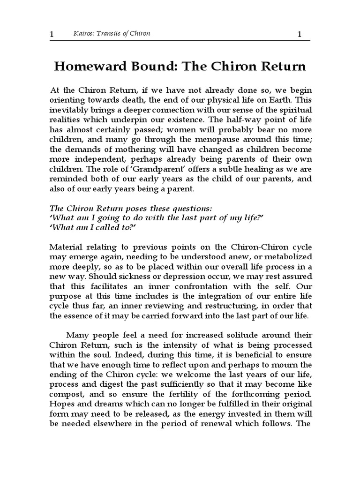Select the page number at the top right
300,34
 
